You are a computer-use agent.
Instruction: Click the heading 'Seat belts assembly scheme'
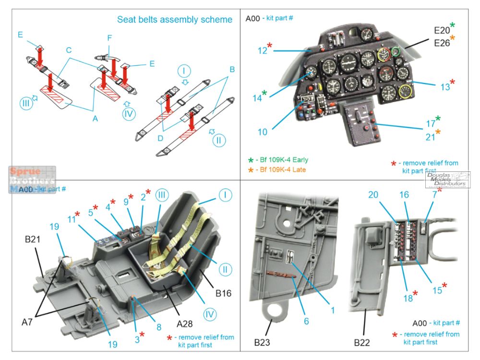click(x=175, y=20)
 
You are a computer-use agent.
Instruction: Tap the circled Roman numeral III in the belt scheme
click(x=25, y=104)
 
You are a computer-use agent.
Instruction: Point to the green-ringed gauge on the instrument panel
click(x=396, y=51)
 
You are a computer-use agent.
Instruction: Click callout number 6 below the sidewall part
click(x=306, y=321)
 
